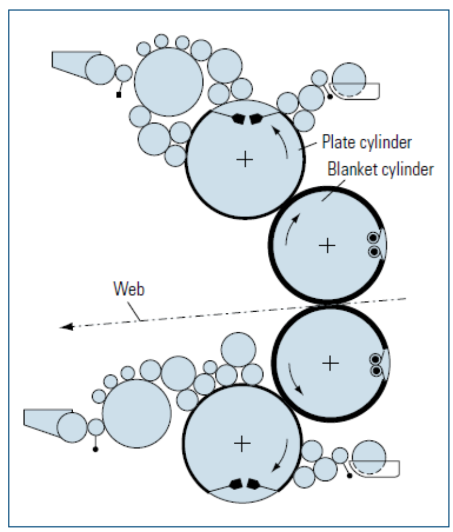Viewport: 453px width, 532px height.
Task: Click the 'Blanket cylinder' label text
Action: [x=380, y=169]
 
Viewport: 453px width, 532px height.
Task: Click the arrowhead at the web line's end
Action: [x=65, y=327]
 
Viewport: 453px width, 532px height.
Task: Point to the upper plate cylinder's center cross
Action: [x=244, y=159]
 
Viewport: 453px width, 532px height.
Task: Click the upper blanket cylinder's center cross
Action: [x=327, y=245]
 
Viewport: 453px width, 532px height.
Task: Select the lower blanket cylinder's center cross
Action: [x=330, y=363]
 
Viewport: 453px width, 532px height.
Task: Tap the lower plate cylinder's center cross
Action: [x=242, y=444]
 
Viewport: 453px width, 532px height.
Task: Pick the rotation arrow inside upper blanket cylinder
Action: [x=290, y=229]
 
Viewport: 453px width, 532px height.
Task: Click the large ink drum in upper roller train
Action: [x=168, y=82]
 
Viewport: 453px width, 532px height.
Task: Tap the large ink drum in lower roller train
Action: [x=137, y=413]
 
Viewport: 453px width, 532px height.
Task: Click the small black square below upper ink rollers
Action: [x=119, y=95]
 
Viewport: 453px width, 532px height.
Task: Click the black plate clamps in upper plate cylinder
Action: [x=246, y=119]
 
